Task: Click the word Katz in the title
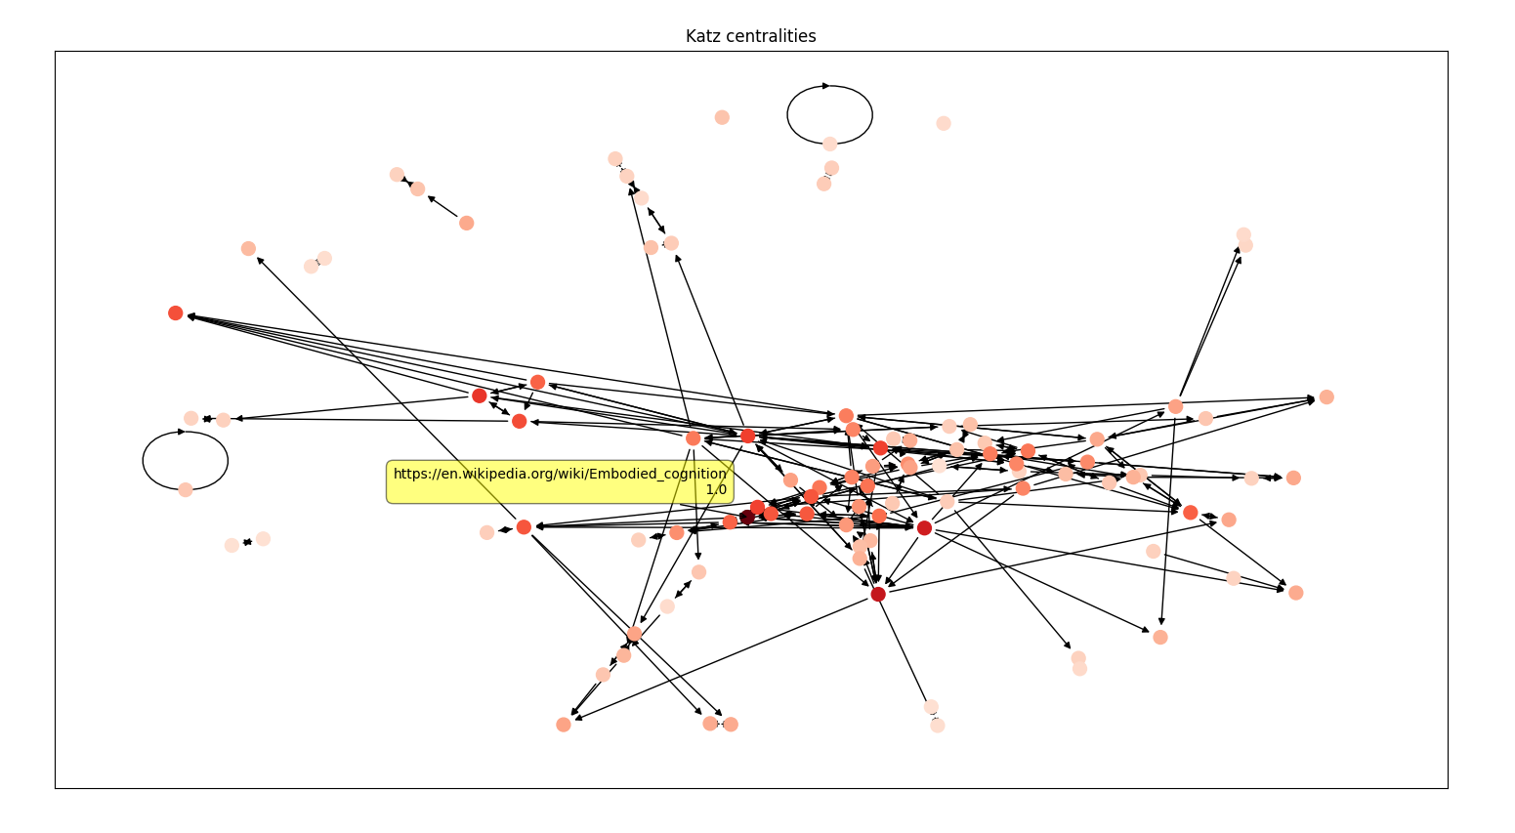pyautogui.click(x=703, y=36)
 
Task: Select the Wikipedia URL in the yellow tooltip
pyautogui.click(x=560, y=474)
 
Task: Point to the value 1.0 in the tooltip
pyautogui.click(x=716, y=489)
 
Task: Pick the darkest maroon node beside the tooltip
pyautogui.click(x=747, y=517)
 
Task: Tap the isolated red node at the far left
pyautogui.click(x=176, y=312)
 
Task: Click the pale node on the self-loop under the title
pyautogui.click(x=829, y=144)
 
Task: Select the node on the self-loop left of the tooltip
pyautogui.click(x=186, y=489)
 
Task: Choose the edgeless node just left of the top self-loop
pyautogui.click(x=722, y=117)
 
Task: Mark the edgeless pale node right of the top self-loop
pyautogui.click(x=944, y=123)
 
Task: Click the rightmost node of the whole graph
pyautogui.click(x=1326, y=396)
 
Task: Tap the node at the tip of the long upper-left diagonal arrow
pyautogui.click(x=248, y=248)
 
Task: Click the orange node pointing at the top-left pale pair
pyautogui.click(x=467, y=223)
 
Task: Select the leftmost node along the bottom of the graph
pyautogui.click(x=564, y=725)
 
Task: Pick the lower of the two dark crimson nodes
pyautogui.click(x=878, y=594)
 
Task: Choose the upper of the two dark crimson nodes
pyautogui.click(x=924, y=527)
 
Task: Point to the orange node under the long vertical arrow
pyautogui.click(x=1160, y=637)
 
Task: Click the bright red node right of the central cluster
pyautogui.click(x=1190, y=512)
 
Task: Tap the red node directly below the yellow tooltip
pyautogui.click(x=524, y=527)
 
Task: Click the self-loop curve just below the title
pyautogui.click(x=830, y=86)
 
